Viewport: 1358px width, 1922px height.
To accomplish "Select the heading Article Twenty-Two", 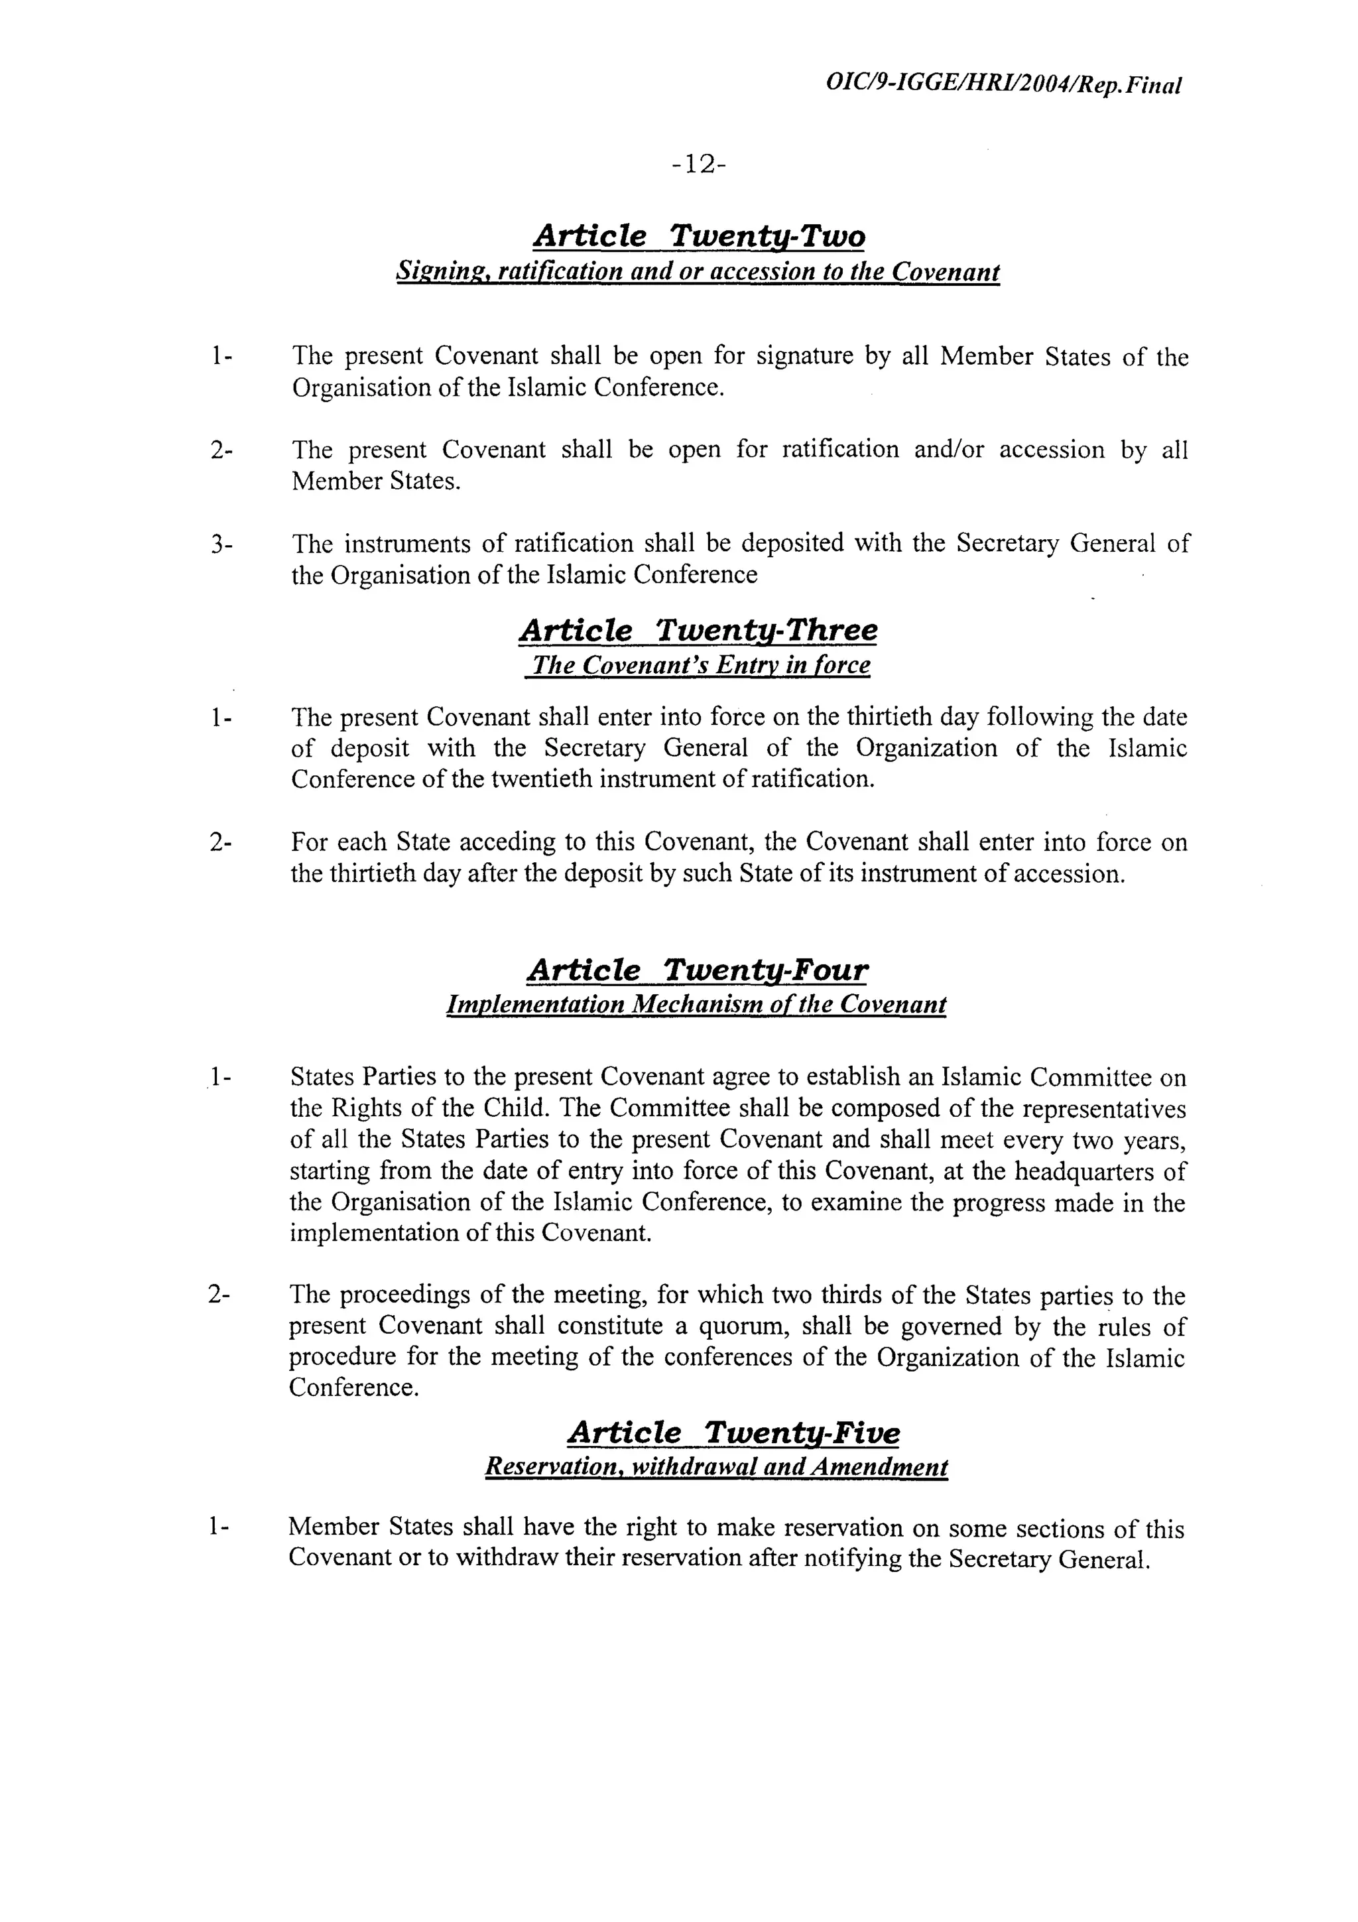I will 699,237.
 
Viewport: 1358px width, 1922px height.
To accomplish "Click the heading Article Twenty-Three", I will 699,630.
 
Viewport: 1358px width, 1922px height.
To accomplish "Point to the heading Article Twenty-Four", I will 698,971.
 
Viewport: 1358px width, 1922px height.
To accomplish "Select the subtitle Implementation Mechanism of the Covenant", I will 697,1005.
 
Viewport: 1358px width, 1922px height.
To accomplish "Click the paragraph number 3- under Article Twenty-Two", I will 221,545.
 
